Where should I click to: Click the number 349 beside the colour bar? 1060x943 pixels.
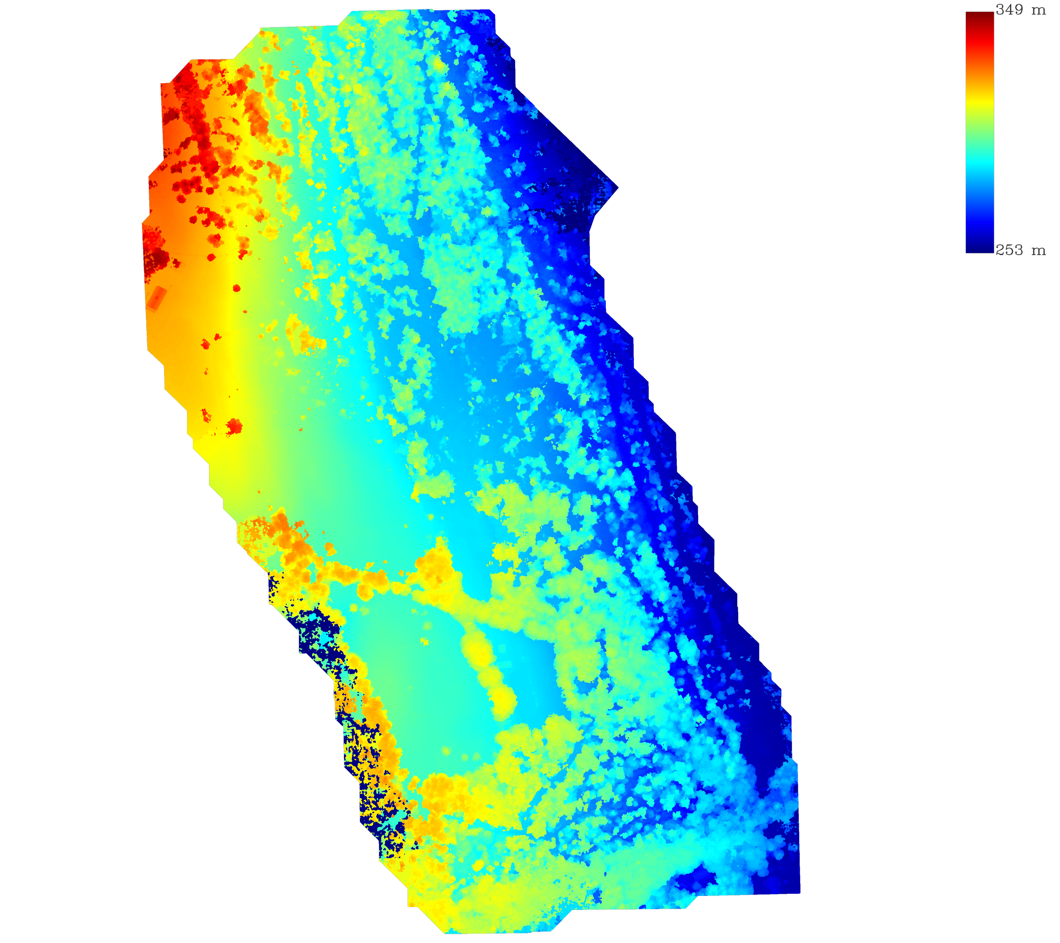pyautogui.click(x=1009, y=10)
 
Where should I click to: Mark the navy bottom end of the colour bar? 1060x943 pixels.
pyautogui.click(x=979, y=248)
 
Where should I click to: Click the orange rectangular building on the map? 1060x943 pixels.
pyautogui.click(x=156, y=298)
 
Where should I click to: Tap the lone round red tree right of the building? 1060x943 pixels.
pyautogui.click(x=237, y=288)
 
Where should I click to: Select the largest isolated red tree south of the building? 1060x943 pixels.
pyautogui.click(x=234, y=427)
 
